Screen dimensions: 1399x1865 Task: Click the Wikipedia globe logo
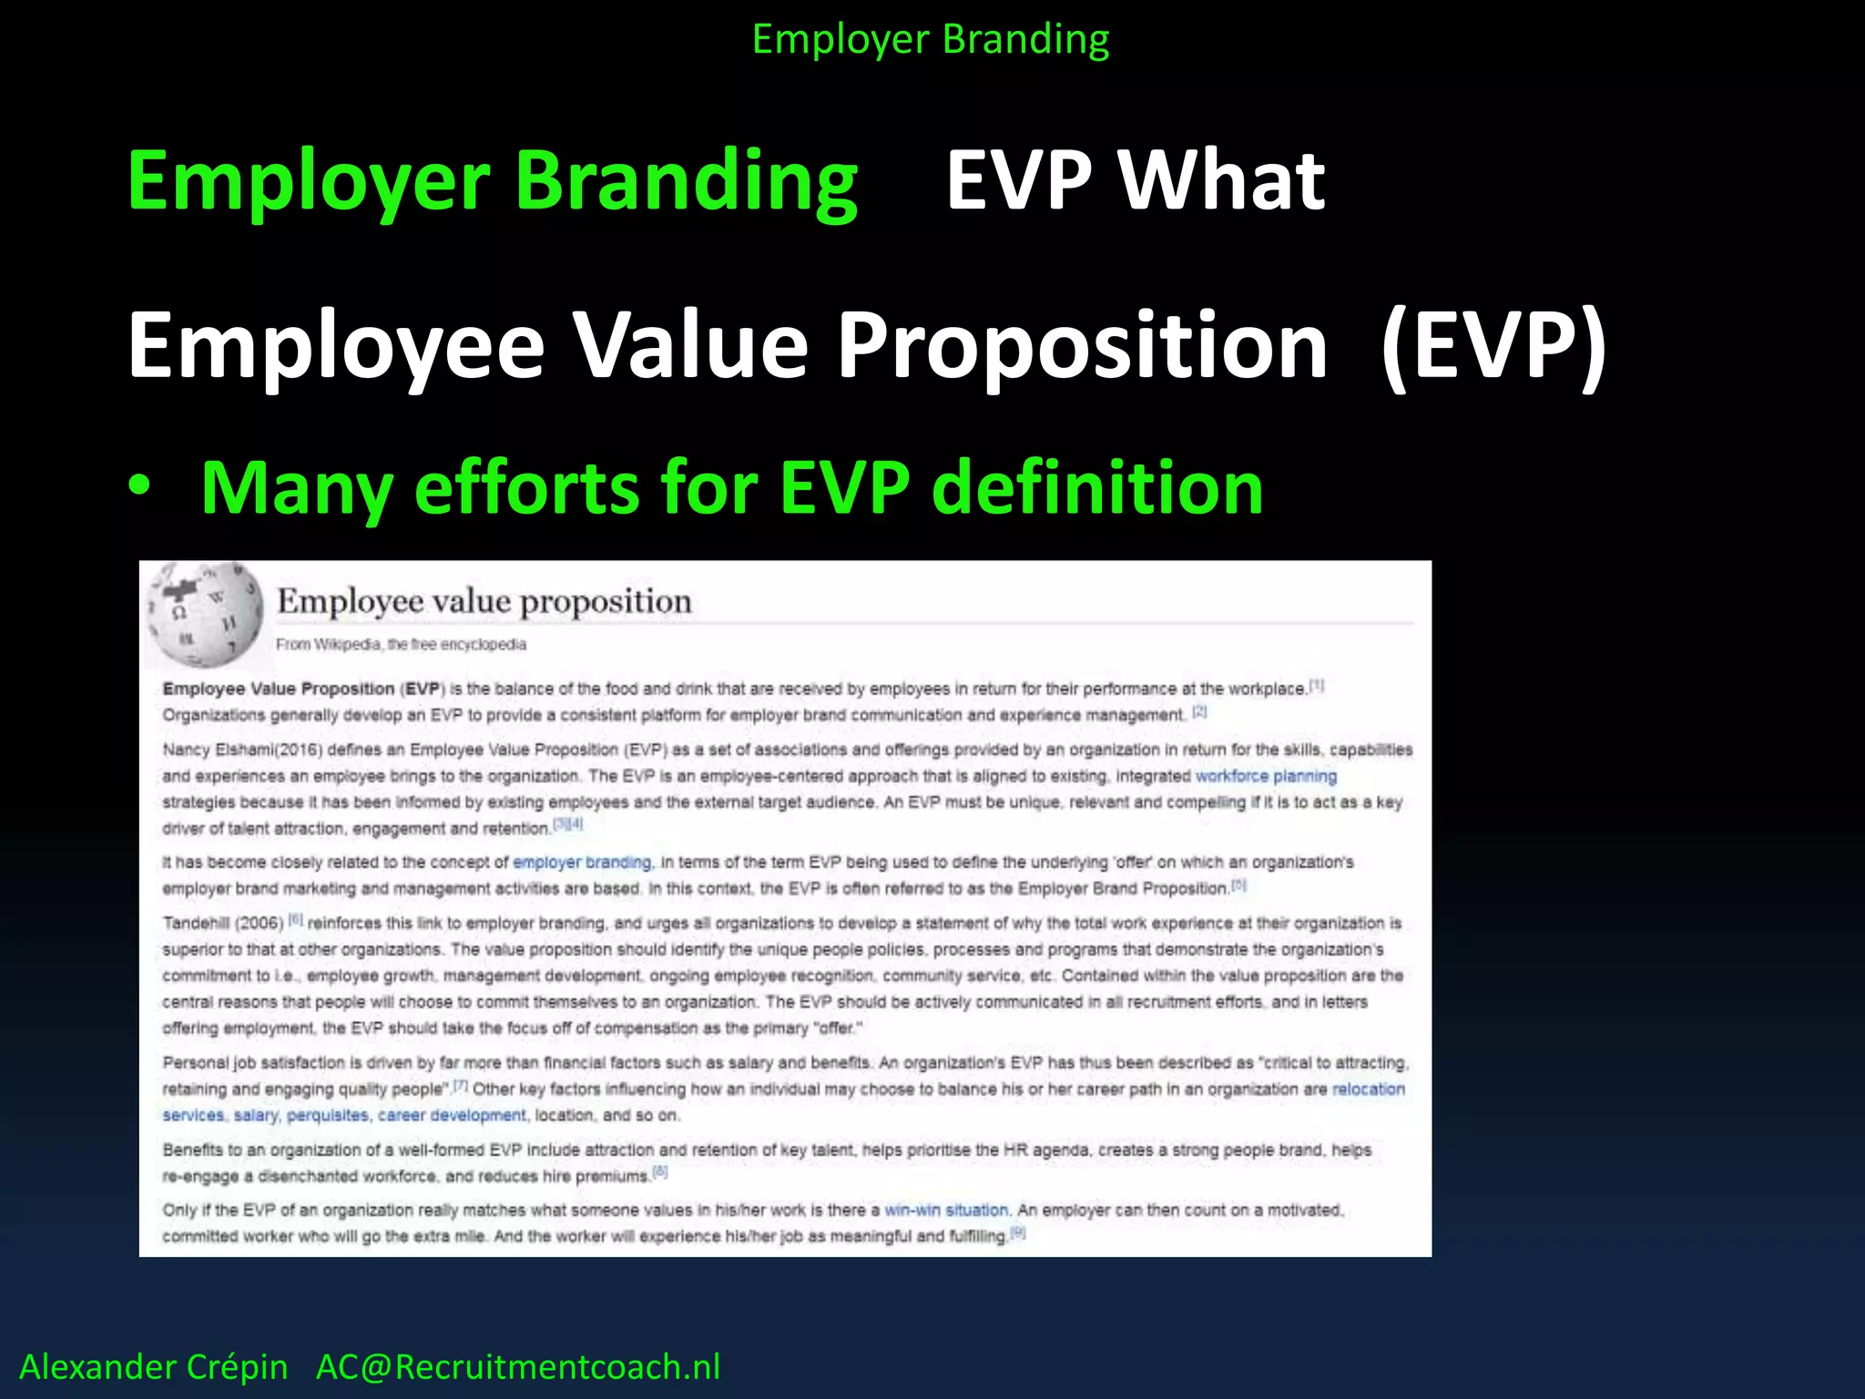tap(205, 614)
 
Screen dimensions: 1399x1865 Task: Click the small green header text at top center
tap(930, 39)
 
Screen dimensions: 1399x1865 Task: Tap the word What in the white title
tap(1222, 180)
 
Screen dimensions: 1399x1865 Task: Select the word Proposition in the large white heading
tap(1082, 346)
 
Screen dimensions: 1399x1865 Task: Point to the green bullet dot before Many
tap(139, 485)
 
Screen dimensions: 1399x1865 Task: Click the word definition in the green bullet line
tap(1097, 487)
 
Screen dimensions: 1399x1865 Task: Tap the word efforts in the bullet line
tap(527, 487)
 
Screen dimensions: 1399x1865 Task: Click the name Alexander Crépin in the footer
tap(153, 1367)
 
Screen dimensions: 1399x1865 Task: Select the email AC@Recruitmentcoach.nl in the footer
tap(517, 1367)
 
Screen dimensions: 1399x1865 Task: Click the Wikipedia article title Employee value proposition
tap(484, 601)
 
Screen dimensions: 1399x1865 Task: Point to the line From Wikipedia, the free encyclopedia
tap(401, 645)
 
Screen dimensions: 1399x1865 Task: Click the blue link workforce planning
tap(1265, 776)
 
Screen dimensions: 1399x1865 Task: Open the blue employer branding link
tap(582, 862)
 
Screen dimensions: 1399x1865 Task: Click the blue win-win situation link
tap(946, 1210)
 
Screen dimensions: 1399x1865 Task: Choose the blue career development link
tap(452, 1115)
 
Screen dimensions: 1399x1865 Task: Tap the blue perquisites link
tap(328, 1115)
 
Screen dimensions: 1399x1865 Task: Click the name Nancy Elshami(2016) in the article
tap(242, 750)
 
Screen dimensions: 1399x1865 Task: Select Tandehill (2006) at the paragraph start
tap(223, 923)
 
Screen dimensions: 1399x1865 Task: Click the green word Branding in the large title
tap(686, 180)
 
